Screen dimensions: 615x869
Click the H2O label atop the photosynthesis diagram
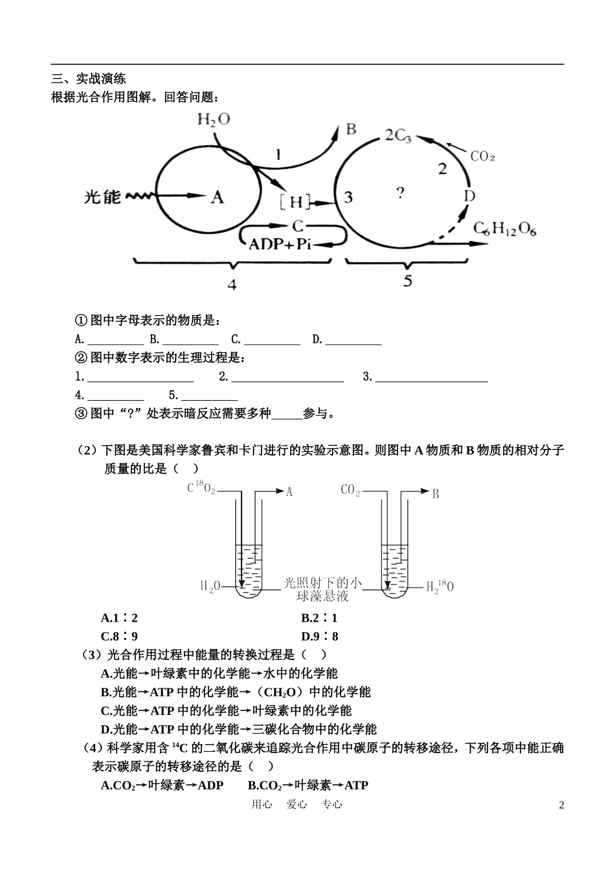213,119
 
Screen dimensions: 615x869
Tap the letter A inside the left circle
218,196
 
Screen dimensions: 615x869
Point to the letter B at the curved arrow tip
351,129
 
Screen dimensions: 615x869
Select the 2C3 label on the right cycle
397,136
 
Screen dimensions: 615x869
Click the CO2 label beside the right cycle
482,156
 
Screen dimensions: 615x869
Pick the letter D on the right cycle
470,195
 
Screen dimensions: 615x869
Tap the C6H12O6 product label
505,229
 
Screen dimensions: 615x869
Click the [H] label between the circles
295,202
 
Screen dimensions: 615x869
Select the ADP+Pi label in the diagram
280,243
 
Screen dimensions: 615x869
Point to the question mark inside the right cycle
401,192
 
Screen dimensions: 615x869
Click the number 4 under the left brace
232,284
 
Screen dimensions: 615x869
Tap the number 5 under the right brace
407,281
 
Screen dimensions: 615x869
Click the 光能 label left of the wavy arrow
102,196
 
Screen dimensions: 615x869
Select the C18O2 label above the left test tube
201,488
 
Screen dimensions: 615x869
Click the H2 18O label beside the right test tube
440,587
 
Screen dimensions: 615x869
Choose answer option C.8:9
119,637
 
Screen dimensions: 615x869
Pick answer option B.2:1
319,618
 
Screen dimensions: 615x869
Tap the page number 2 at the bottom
561,805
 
